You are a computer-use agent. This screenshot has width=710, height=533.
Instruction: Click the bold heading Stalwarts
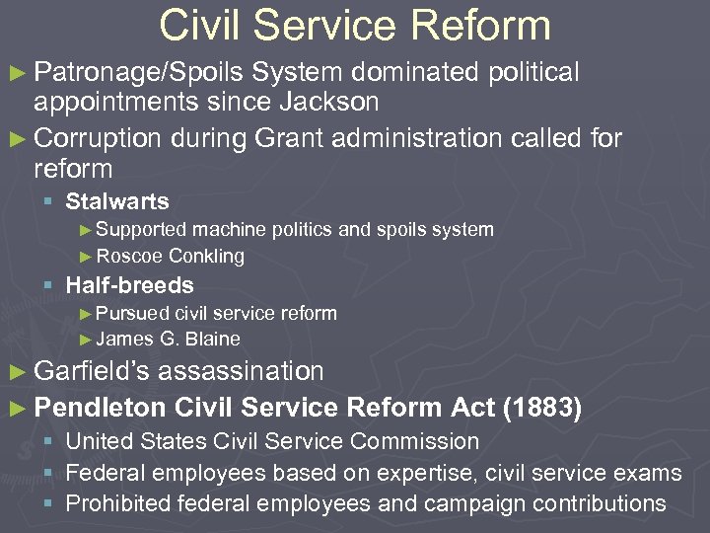[x=116, y=201]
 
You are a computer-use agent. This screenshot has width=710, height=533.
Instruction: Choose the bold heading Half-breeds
[x=129, y=285]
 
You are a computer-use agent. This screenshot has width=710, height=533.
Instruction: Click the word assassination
[x=241, y=372]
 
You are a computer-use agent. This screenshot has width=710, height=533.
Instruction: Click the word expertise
[x=434, y=473]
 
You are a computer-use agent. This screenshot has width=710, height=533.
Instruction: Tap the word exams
[x=650, y=473]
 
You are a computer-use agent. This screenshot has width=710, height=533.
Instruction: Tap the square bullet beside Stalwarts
[x=48, y=202]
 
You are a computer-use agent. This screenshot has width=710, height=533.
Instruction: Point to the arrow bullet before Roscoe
[x=86, y=257]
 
